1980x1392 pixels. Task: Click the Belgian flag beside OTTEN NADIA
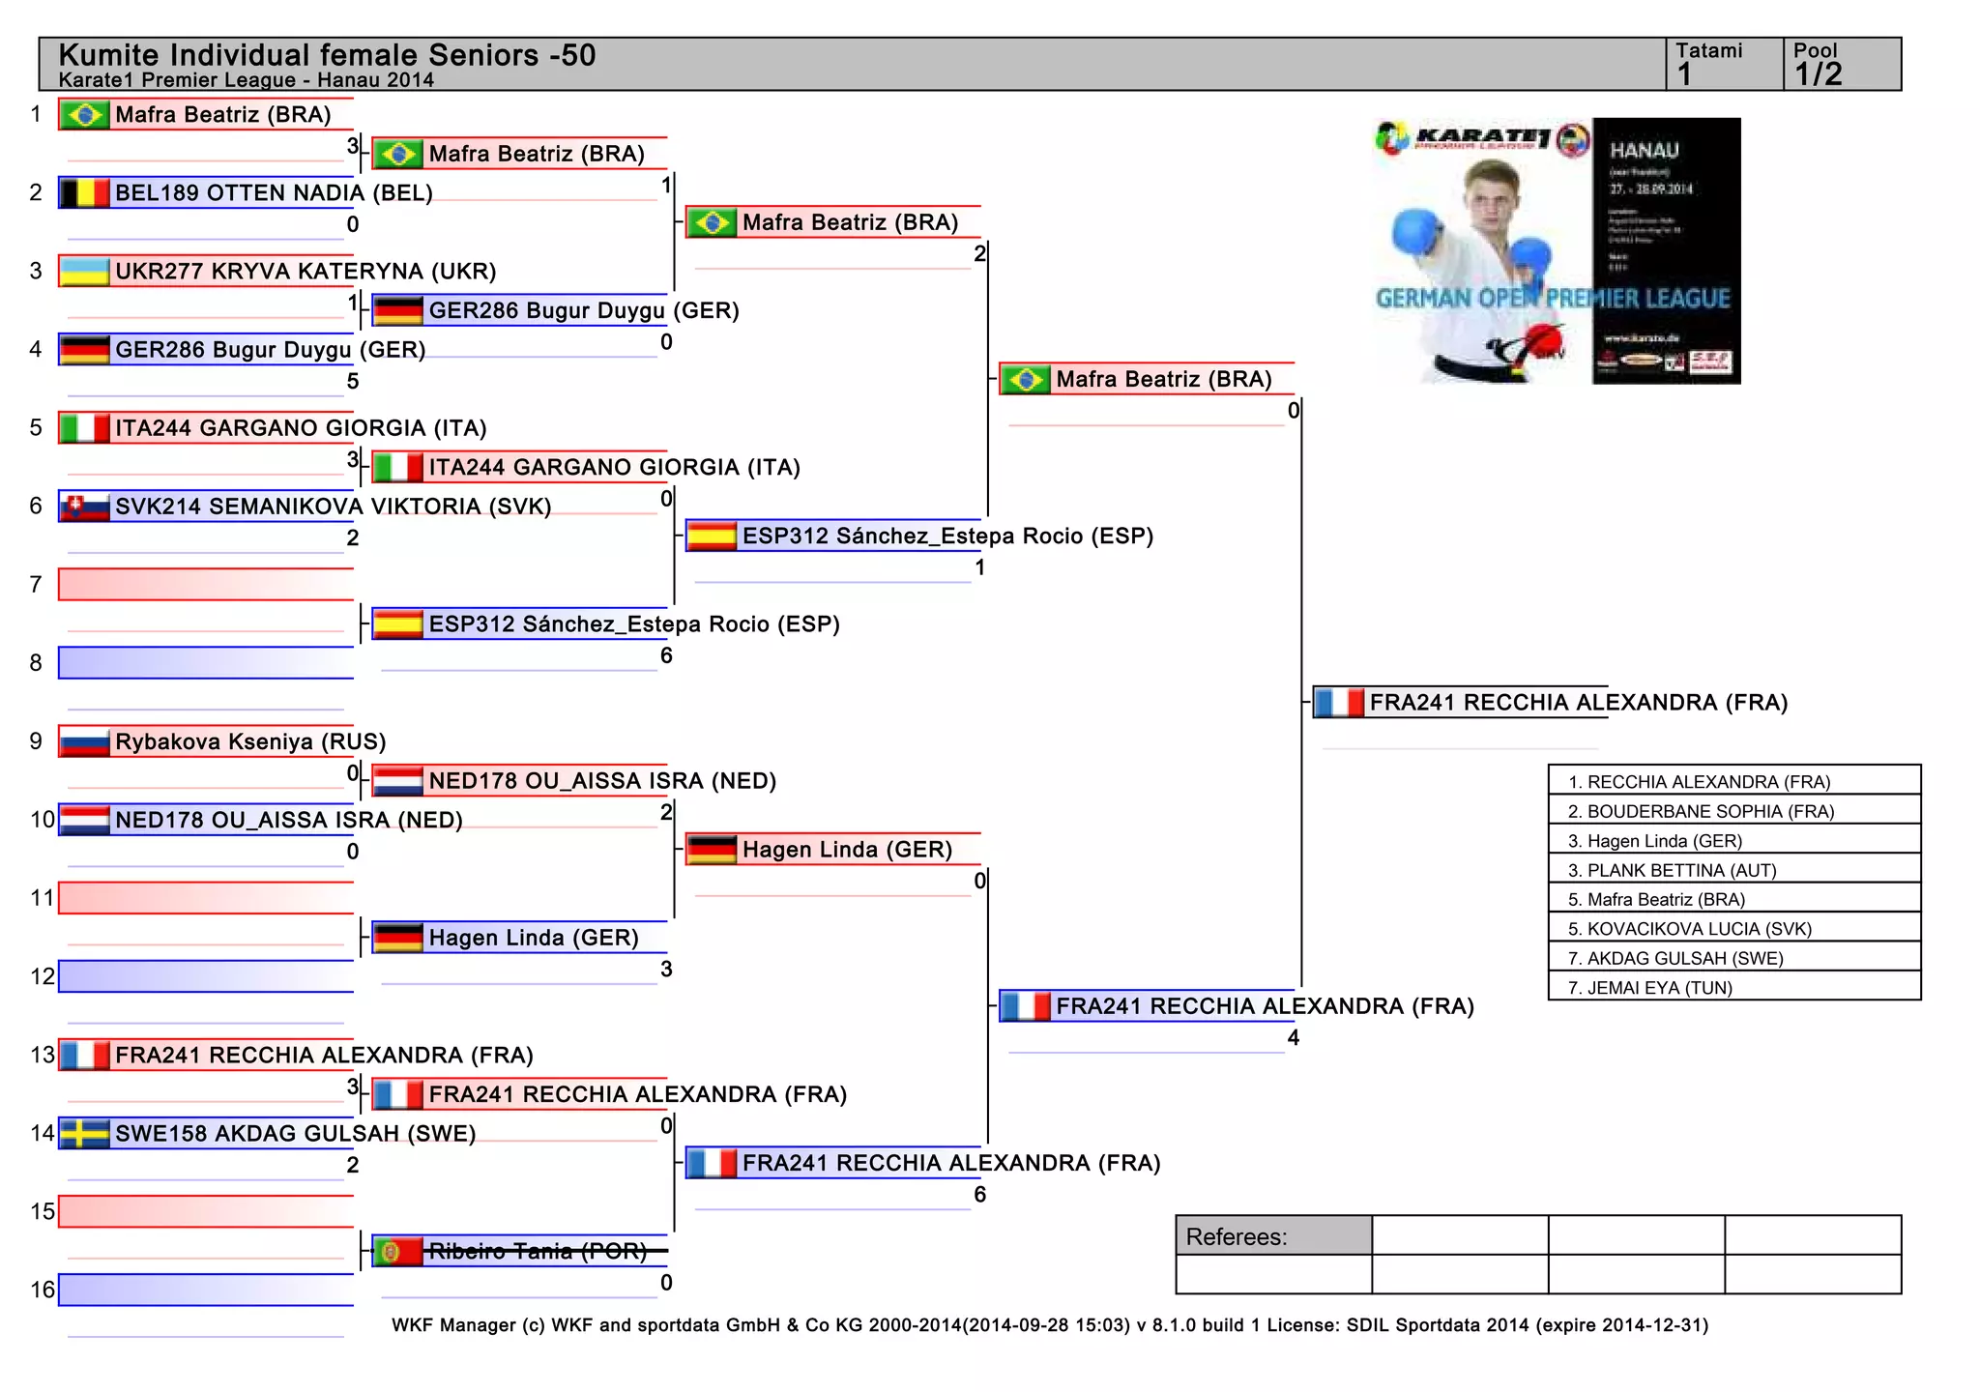pos(84,193)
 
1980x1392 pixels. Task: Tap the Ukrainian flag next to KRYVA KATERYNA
pos(84,272)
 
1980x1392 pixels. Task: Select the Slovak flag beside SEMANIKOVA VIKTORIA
pos(84,507)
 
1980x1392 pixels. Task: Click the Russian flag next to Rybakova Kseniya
pos(84,742)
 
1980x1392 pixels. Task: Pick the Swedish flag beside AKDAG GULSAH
pos(84,1134)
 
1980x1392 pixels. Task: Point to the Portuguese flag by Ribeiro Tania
pos(397,1252)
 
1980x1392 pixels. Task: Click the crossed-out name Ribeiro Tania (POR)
pos(538,1252)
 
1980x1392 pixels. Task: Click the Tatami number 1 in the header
pos(1685,74)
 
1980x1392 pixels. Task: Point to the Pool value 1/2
pos(1818,74)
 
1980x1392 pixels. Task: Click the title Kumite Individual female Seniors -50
pos(327,55)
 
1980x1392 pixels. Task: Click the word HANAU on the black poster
pos(1644,151)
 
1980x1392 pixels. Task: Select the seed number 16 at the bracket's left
pos(43,1290)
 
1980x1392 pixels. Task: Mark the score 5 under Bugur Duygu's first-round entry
pos(353,382)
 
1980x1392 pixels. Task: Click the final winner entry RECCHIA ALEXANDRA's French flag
pos(1339,703)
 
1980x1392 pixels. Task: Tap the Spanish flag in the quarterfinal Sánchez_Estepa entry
pos(712,536)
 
